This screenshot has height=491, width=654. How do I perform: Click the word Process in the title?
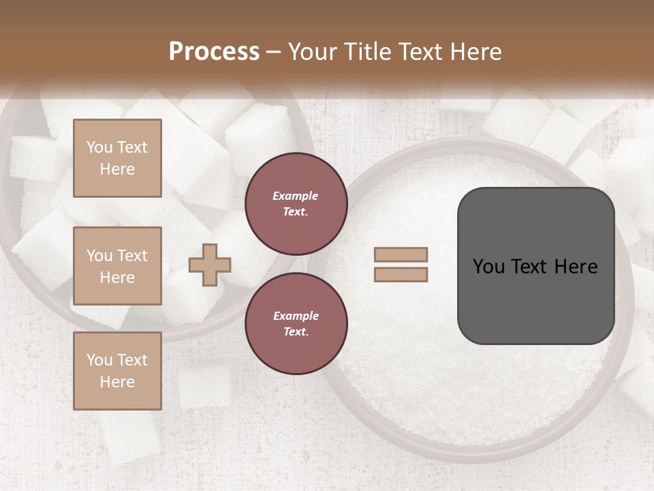(x=214, y=52)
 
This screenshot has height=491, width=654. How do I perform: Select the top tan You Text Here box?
(x=117, y=158)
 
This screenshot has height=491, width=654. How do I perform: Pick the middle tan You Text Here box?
(x=117, y=266)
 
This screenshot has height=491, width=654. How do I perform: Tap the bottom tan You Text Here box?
(x=117, y=371)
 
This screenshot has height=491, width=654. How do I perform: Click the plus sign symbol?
(x=210, y=265)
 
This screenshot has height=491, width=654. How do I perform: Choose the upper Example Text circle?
(x=296, y=203)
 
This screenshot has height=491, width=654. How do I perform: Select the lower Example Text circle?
(x=296, y=323)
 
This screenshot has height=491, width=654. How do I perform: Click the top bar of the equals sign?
(x=401, y=255)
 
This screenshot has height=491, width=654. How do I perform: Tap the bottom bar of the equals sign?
(x=401, y=274)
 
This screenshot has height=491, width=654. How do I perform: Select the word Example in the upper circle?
(x=296, y=196)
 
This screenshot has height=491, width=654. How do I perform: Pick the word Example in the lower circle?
(x=296, y=316)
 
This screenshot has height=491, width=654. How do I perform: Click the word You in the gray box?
(x=489, y=267)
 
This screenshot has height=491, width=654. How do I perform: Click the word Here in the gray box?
(x=576, y=267)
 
